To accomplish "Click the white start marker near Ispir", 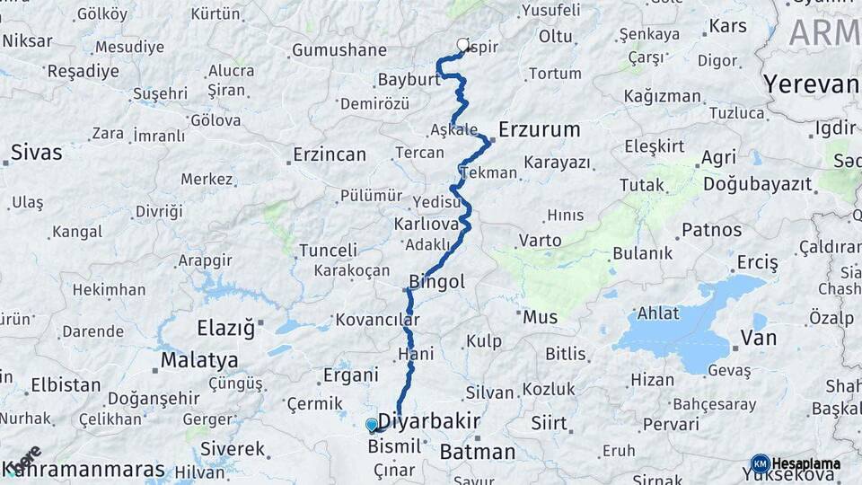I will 463,44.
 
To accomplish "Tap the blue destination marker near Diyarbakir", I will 372,425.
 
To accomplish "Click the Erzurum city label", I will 539,129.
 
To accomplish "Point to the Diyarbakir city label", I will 428,421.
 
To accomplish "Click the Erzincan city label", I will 330,154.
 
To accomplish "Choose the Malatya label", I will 199,360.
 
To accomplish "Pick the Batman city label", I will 478,452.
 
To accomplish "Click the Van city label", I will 758,338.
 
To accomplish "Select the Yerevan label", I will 810,84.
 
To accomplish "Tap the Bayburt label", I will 409,79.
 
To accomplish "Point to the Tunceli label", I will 328,250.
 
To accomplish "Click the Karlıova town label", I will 427,223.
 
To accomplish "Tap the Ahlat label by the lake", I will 658,313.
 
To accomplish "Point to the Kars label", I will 727,26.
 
